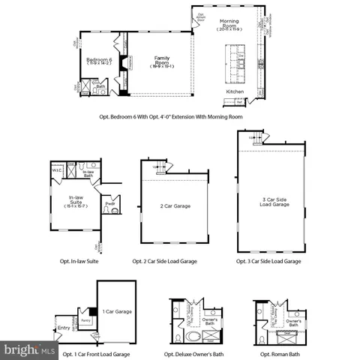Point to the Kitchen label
(x=235, y=91)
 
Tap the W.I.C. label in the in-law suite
(x=56, y=170)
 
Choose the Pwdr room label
(x=109, y=203)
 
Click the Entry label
(x=63, y=327)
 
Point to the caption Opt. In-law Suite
(x=79, y=261)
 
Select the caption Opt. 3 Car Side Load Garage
(x=268, y=261)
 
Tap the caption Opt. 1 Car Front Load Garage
(x=96, y=353)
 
